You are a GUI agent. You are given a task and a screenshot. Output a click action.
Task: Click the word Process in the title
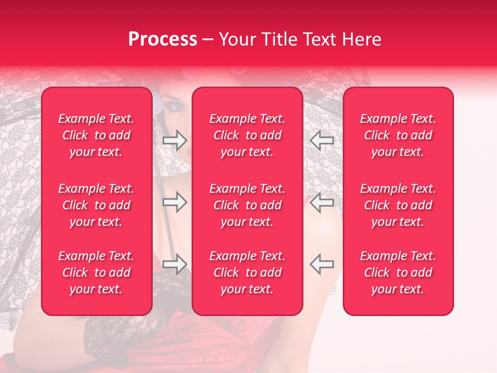163,39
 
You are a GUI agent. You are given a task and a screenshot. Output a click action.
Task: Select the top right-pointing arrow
174,140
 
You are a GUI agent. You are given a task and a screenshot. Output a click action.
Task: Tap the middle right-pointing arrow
174,202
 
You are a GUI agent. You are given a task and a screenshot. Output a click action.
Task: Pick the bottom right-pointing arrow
174,264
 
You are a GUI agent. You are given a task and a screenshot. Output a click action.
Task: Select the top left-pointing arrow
321,140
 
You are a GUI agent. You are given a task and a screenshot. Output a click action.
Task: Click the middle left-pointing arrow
321,202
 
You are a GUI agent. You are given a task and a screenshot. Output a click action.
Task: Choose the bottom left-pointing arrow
321,264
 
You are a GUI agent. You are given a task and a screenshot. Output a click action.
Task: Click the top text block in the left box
96,135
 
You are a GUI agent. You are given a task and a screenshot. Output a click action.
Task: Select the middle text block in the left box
96,205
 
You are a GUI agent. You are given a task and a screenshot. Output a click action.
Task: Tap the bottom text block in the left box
96,272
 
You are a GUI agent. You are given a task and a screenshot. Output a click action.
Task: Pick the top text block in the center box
247,135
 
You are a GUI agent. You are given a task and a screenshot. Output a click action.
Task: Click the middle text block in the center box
247,205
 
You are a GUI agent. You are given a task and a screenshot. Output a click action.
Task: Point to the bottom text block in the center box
247,272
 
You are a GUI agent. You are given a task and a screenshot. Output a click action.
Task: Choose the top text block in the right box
398,135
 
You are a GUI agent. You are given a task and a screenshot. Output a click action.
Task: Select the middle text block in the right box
398,205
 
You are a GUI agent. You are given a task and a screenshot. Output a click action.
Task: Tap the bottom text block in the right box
398,272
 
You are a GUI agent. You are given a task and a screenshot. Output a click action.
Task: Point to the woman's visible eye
177,106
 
